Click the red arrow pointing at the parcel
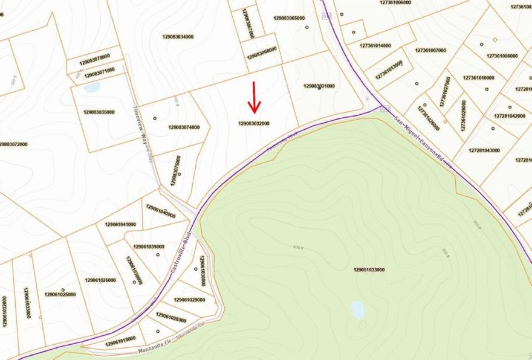coord(254,98)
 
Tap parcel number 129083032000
coord(254,123)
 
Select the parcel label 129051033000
coord(369,269)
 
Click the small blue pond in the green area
coord(358,310)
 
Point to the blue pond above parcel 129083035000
coord(92,87)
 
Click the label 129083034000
coord(178,37)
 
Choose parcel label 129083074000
coord(184,127)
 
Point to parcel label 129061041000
coord(120,224)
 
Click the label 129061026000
coord(100,280)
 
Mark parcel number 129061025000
coord(60,294)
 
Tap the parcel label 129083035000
coord(99,112)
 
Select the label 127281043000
coord(484,150)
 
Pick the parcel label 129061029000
coord(190,300)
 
